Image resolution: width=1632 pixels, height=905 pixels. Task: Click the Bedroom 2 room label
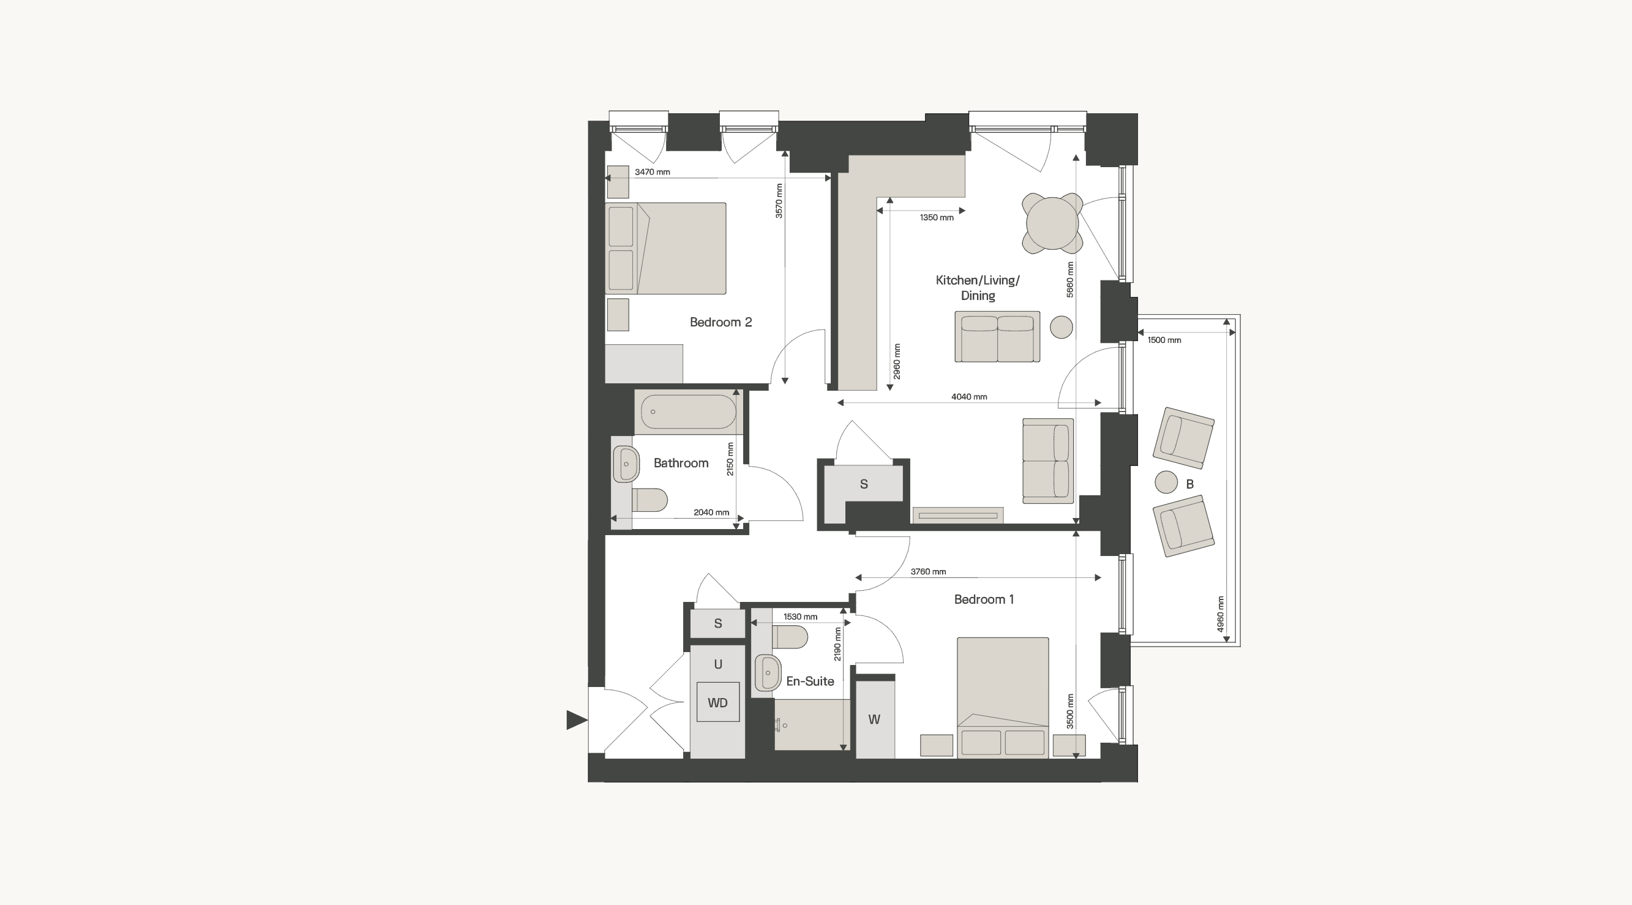tap(721, 322)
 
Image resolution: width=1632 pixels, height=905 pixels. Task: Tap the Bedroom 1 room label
tap(984, 599)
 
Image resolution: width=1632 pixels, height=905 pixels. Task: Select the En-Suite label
tap(810, 681)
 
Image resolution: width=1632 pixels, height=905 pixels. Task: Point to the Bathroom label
tap(681, 463)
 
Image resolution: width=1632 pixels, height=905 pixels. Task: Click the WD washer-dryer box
tap(718, 702)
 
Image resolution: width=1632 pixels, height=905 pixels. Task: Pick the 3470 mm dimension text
tap(652, 171)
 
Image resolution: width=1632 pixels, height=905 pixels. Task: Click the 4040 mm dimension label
tap(968, 397)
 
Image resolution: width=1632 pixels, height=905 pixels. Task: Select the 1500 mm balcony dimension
tap(1164, 340)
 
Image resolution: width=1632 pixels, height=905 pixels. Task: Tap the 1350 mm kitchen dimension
tap(937, 217)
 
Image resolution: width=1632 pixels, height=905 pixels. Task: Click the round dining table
tap(1052, 223)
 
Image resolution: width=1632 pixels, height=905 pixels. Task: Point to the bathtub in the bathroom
tap(688, 412)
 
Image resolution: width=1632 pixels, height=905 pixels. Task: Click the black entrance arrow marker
tap(577, 720)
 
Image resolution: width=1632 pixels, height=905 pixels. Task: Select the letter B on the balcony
tap(1189, 484)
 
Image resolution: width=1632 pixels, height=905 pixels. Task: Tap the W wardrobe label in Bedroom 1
tap(874, 719)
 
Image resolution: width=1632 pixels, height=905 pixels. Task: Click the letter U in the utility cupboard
tap(718, 664)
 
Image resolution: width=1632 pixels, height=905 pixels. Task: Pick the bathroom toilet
tap(649, 500)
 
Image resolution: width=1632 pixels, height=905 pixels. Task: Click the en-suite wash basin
tap(768, 672)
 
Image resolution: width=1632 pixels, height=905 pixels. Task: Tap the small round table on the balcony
tap(1166, 482)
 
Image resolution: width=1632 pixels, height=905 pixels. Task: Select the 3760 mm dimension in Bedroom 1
tap(928, 572)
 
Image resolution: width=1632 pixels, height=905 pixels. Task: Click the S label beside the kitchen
tap(864, 484)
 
